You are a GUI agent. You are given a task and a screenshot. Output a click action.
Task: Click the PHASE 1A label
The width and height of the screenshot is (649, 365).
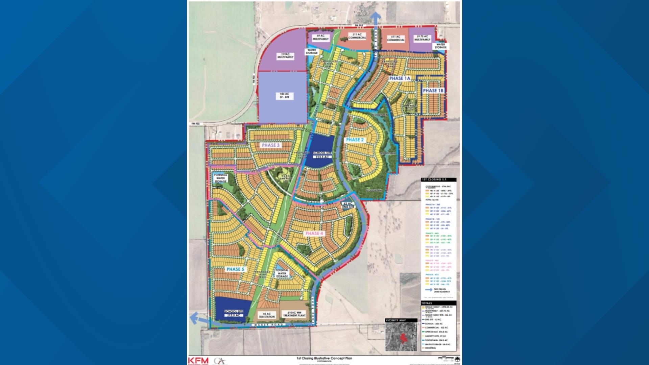click(x=400, y=78)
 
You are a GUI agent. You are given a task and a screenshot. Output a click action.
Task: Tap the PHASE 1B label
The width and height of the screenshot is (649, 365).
click(x=433, y=91)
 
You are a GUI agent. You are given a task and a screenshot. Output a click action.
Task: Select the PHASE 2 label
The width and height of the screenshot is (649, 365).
click(x=355, y=140)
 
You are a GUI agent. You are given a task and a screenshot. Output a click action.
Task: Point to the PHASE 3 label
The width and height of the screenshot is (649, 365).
click(x=271, y=145)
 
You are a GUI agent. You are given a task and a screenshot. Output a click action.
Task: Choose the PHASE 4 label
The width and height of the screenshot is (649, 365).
click(x=314, y=233)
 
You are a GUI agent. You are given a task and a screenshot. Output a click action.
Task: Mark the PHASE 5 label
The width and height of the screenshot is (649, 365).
click(x=235, y=269)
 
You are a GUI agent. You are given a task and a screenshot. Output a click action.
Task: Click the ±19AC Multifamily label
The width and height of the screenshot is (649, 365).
click(x=285, y=56)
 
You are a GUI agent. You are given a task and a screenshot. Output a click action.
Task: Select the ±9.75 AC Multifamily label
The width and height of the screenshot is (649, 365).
click(x=422, y=38)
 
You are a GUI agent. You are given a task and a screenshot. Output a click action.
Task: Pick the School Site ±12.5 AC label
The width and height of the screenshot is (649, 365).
click(x=234, y=313)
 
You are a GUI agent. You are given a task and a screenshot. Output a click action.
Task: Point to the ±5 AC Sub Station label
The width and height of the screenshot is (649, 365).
click(x=267, y=315)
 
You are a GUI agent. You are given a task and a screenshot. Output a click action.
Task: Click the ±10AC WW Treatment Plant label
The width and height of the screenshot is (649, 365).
click(x=294, y=314)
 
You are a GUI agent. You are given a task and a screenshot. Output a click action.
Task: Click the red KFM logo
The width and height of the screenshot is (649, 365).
click(x=198, y=361)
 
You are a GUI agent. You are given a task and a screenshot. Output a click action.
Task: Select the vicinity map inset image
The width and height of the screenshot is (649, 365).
click(x=402, y=337)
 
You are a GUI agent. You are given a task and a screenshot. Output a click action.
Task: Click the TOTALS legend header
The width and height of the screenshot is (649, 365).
click(x=427, y=303)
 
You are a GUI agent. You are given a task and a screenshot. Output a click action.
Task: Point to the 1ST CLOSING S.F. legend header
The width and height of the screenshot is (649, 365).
click(x=433, y=179)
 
